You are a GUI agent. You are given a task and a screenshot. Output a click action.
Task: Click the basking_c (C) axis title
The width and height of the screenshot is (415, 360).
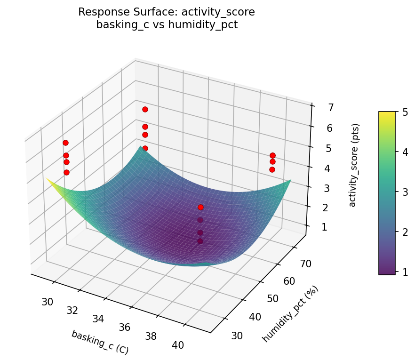(x=100, y=342)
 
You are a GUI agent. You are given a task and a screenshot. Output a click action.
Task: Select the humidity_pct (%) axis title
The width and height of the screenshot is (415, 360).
(x=290, y=314)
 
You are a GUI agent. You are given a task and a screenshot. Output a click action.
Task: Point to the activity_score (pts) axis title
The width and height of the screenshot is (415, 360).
(x=356, y=165)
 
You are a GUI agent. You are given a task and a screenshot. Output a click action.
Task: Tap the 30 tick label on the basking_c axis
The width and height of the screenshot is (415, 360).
(x=47, y=302)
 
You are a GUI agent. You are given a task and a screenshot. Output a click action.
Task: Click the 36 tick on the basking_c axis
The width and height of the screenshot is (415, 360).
(x=124, y=327)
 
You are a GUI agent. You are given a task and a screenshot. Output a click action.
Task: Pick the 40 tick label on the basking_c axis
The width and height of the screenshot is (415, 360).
(x=177, y=345)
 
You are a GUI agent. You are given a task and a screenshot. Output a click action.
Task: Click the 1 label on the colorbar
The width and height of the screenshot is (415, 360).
(x=404, y=272)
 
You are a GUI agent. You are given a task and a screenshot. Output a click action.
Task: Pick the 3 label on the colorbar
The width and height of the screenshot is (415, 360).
(x=404, y=192)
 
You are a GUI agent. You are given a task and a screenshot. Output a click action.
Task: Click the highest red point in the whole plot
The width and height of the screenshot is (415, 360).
(x=145, y=109)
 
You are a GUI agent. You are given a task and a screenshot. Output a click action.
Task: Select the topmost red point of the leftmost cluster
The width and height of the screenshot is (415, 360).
(x=65, y=143)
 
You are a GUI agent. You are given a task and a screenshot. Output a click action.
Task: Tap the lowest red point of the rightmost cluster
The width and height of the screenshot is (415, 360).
(x=272, y=169)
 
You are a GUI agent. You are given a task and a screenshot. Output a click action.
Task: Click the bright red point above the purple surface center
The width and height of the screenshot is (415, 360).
(x=201, y=207)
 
